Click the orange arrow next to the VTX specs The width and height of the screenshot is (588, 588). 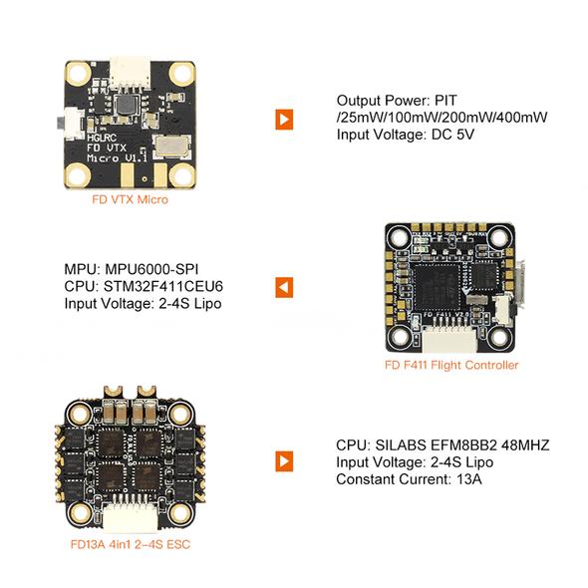[284, 120]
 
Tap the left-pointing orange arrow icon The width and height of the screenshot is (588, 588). [284, 288]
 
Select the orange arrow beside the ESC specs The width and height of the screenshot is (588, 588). [284, 461]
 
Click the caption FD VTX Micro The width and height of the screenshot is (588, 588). [131, 199]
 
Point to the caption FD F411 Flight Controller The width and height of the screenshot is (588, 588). [451, 365]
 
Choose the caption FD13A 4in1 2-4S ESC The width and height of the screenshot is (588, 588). [131, 544]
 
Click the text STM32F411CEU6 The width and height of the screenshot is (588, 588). [163, 286]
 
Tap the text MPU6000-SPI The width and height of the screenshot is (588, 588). [151, 269]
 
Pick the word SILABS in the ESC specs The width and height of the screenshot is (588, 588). [401, 445]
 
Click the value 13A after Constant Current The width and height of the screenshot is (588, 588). [469, 479]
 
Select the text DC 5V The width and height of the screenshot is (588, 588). [453, 135]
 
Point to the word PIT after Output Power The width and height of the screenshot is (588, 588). [445, 100]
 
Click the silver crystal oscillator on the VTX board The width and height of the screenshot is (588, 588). [171, 146]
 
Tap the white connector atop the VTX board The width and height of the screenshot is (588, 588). [130, 73]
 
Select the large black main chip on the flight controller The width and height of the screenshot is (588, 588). [437, 286]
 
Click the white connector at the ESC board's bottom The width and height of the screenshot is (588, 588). [131, 517]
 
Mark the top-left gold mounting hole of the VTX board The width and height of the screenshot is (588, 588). [78, 73]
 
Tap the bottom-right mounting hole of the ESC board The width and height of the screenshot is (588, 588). [181, 514]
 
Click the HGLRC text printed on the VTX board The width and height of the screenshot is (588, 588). [102, 138]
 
